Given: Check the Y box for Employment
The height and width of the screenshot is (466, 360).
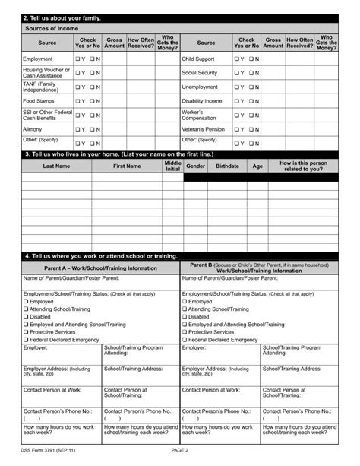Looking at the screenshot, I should (77, 59).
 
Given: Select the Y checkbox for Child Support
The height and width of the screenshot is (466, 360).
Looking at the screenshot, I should (236, 59).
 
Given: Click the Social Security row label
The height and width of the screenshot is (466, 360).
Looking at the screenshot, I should (200, 73).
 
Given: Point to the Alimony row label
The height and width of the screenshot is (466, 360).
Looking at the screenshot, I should (33, 129).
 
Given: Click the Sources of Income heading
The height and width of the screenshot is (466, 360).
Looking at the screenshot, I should (52, 28).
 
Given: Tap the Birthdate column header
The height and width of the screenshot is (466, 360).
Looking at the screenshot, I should (227, 166).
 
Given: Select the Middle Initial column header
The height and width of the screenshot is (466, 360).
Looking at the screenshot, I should (172, 166).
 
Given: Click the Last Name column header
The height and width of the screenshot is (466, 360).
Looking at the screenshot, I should (56, 166).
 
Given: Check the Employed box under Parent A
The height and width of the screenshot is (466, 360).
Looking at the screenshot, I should (26, 302).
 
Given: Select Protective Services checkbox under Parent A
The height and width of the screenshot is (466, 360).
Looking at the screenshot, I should (26, 332).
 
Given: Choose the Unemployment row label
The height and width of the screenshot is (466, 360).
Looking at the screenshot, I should (200, 87).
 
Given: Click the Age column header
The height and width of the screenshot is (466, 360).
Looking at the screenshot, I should (257, 166).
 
